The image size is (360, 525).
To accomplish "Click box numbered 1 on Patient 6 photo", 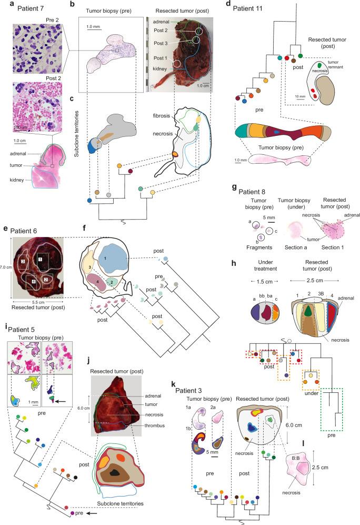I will click(40, 260).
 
